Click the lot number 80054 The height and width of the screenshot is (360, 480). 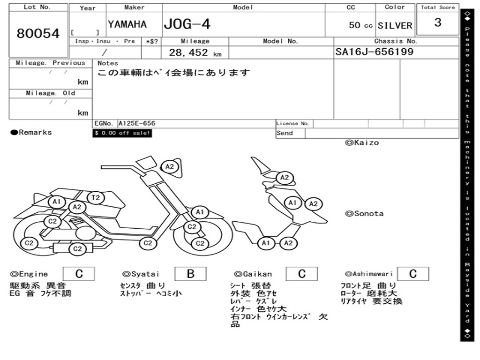38,33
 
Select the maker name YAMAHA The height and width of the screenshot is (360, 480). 127,24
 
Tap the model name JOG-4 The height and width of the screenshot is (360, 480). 187,24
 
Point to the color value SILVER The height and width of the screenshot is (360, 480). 395,25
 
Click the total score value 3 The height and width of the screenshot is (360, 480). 438,22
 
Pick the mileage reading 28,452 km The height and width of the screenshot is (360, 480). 195,52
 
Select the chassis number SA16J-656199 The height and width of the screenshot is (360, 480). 375,52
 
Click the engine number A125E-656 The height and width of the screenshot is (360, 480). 137,123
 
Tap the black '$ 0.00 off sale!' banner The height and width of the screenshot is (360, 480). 122,133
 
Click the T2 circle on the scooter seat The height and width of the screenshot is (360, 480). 96,198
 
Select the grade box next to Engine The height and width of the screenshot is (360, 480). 79,274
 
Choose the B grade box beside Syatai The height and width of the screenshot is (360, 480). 190,274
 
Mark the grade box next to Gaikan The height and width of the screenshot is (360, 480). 301,274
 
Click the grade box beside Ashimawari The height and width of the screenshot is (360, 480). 413,274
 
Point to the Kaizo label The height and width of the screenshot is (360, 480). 362,142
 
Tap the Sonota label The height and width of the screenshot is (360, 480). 364,214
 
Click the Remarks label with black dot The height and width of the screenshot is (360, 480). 31,133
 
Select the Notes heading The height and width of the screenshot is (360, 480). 108,63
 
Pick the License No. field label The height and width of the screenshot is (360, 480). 292,123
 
